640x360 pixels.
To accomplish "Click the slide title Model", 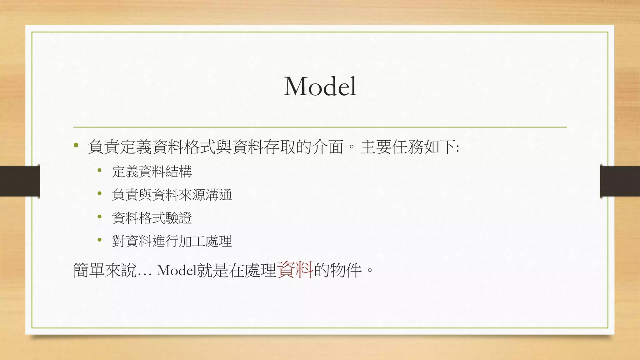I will pos(320,87).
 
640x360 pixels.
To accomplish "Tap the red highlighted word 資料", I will pos(295,270).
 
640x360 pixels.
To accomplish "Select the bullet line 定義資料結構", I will pos(152,172).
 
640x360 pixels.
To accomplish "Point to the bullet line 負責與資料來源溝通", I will pos(172,195).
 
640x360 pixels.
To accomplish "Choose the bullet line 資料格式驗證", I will pos(152,218).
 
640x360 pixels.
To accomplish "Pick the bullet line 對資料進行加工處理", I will pos(172,241).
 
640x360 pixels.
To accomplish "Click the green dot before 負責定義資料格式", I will pos(76,145).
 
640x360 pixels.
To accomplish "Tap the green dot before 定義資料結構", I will pos(100,170).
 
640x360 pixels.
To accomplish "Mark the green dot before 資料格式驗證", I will pos(100,217).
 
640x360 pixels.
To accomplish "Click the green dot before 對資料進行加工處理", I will pos(100,240).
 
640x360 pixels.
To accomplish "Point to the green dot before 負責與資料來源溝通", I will pos(100,193).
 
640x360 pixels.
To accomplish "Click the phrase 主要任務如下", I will pos(408,147).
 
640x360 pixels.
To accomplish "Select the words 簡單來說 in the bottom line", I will pos(105,270).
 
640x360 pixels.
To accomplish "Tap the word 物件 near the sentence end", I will pos(346,270).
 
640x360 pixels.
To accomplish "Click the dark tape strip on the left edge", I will pos(20,181).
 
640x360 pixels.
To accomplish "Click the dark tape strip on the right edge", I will pos(620,181).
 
